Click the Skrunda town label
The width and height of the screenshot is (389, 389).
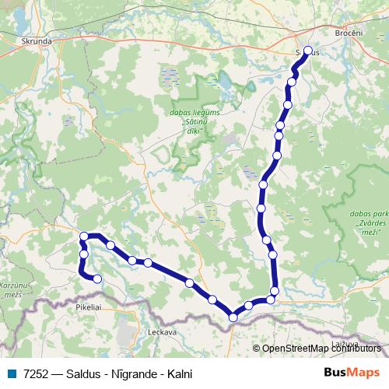coord(37,40)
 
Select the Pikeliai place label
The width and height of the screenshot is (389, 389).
coord(89,307)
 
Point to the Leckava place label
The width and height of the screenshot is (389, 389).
coord(163,331)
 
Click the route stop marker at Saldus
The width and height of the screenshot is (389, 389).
coord(307,51)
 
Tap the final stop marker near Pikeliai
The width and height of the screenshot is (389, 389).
coord(97,279)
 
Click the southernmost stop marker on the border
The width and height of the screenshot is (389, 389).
coord(233,317)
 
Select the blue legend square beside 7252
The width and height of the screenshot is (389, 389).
coord(12,374)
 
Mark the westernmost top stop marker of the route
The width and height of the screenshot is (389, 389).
coord(83,236)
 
